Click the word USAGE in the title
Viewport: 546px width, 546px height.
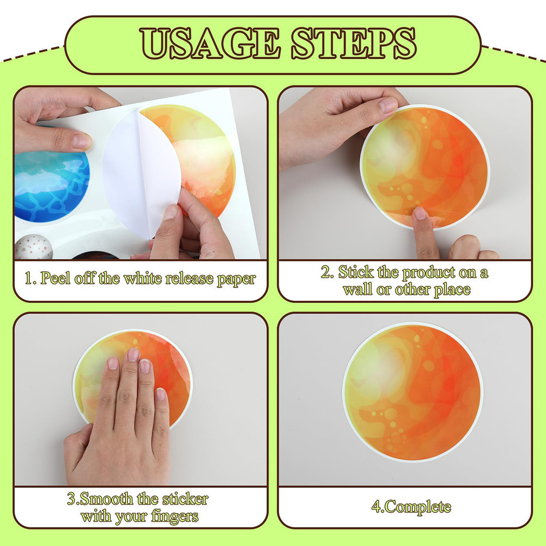[210, 43]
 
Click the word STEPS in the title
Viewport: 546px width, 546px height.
[354, 43]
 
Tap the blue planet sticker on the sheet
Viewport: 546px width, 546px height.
[52, 185]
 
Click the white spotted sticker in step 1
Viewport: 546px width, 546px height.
[34, 246]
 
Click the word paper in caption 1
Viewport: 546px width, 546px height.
[236, 279]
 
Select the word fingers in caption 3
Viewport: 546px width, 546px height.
[174, 516]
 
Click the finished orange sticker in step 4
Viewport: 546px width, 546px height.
[413, 392]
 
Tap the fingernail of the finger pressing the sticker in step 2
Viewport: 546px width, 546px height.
[420, 213]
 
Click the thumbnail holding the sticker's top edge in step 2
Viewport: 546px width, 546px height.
[388, 105]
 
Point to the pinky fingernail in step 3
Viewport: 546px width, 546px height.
[161, 394]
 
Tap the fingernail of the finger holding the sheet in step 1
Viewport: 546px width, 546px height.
[82, 141]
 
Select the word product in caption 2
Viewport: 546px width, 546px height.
[429, 272]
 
